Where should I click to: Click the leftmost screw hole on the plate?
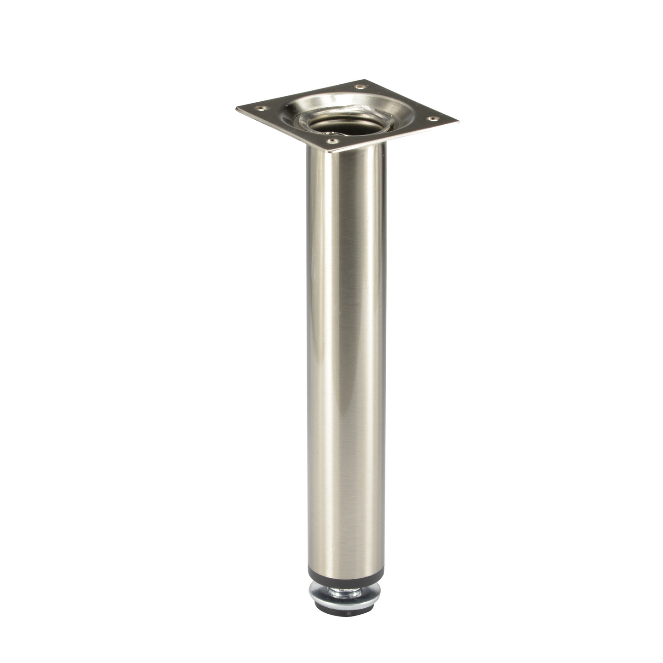coord(262,109)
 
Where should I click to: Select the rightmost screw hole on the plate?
coord(432,118)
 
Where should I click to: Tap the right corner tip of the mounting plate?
coord(459,122)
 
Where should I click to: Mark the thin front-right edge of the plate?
coord(396,138)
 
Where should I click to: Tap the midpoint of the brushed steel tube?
coord(345,359)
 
